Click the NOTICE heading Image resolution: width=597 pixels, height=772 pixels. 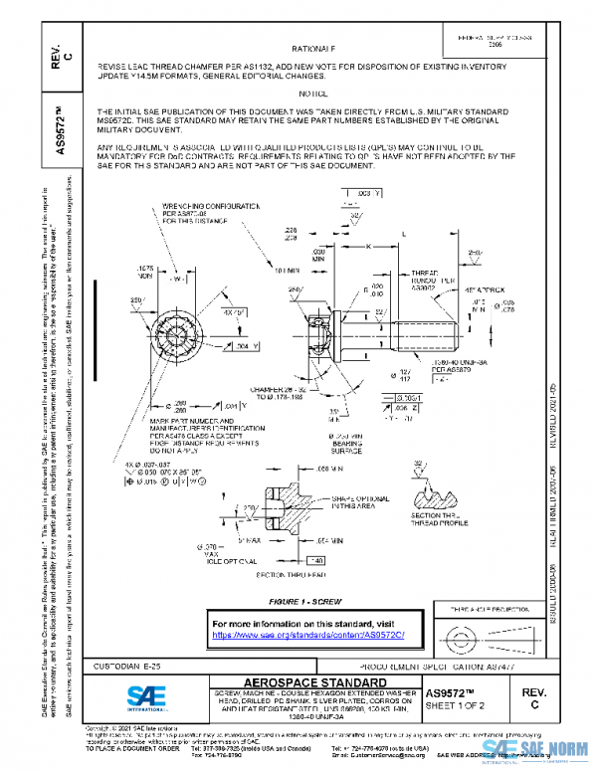pyautogui.click(x=313, y=93)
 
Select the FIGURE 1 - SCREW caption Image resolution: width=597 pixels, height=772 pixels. pyautogui.click(x=313, y=603)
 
